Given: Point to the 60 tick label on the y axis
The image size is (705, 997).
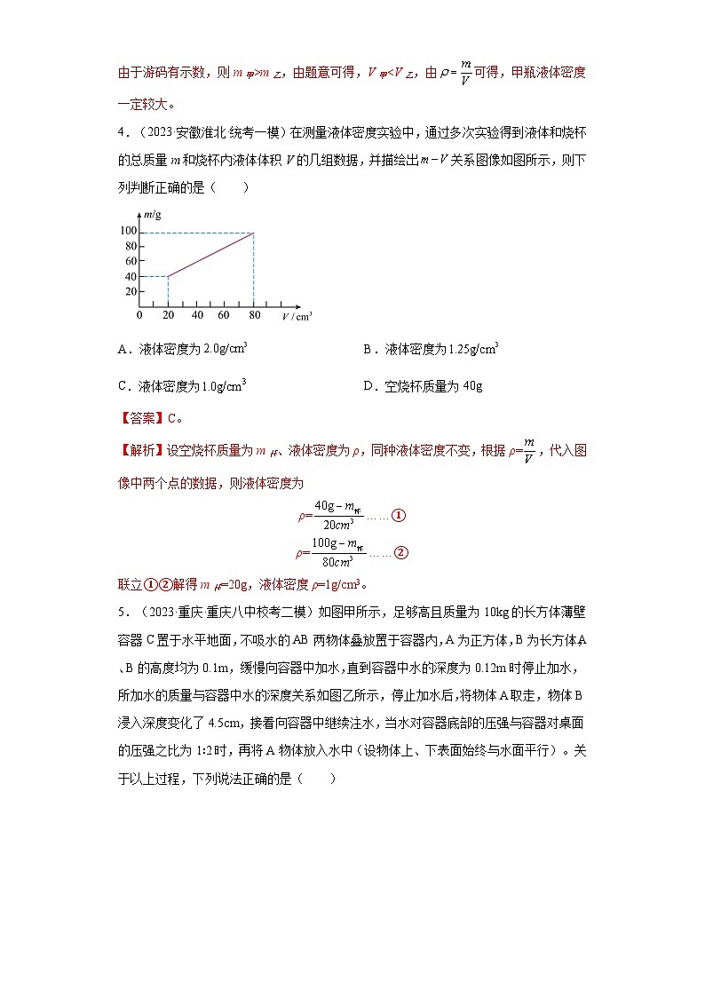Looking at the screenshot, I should click(x=130, y=261).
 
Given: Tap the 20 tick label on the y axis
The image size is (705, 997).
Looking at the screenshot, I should click(x=130, y=291).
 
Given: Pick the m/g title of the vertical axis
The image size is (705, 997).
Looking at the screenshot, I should click(x=152, y=216).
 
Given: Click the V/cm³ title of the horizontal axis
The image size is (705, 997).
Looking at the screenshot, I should click(x=297, y=316).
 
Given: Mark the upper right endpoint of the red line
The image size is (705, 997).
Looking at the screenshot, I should click(x=254, y=233).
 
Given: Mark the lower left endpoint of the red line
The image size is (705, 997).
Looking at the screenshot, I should click(x=168, y=276).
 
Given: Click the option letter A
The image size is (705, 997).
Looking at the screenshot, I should click(x=123, y=350).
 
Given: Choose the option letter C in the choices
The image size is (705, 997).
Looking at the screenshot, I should click(x=123, y=386).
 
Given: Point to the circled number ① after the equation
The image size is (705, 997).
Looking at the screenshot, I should click(x=399, y=516).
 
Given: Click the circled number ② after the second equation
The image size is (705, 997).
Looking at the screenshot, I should click(x=400, y=553).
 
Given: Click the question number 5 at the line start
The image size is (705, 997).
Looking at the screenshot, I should click(x=121, y=611).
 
